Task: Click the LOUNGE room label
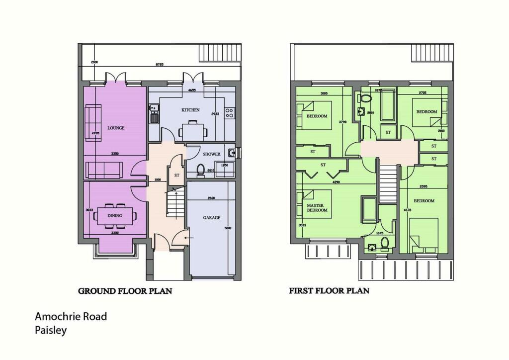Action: click(x=116, y=128)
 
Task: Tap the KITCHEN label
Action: click(x=190, y=109)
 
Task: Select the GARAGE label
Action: click(x=211, y=218)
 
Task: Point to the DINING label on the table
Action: click(x=115, y=216)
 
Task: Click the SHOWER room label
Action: click(x=211, y=154)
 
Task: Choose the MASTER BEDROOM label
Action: click(x=317, y=207)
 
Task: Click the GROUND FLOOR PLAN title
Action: click(x=125, y=291)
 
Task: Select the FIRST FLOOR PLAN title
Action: click(x=329, y=290)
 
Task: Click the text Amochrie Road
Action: click(x=71, y=316)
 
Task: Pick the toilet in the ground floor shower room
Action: click(x=201, y=171)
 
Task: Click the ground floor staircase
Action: click(x=174, y=204)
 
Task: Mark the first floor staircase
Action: click(x=389, y=184)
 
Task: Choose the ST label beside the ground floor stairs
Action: click(x=176, y=176)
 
